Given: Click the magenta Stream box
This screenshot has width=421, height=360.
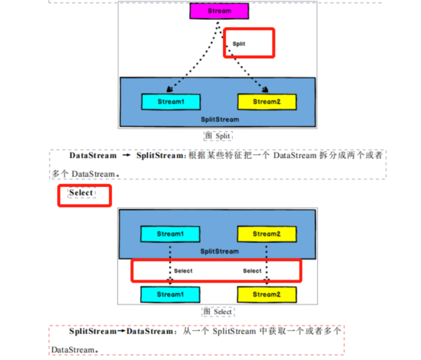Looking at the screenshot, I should click(x=219, y=11).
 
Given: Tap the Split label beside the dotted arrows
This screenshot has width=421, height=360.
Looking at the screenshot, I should click(x=239, y=44).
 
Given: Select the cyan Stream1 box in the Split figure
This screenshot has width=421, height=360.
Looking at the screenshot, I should click(x=170, y=102).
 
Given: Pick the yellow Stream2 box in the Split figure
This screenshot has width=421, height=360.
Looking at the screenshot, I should click(x=267, y=102).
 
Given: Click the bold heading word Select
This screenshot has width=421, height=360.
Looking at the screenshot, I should click(x=81, y=193).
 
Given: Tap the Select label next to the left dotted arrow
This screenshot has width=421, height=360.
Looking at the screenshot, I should click(x=183, y=271).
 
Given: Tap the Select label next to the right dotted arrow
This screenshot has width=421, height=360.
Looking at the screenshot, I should click(x=252, y=271).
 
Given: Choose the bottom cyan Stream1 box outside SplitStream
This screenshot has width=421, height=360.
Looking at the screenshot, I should click(x=170, y=294).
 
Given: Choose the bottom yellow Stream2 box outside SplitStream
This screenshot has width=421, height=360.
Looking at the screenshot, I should click(x=267, y=294).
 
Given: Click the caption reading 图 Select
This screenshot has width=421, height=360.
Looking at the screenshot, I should click(x=218, y=312).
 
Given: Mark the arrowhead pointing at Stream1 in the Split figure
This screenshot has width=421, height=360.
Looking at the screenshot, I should click(x=169, y=90).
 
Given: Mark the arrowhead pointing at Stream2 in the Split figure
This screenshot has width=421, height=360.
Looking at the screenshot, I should click(x=265, y=90).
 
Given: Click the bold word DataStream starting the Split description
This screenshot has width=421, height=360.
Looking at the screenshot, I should click(x=93, y=156).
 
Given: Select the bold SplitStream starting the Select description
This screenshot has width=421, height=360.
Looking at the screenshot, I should click(x=92, y=331).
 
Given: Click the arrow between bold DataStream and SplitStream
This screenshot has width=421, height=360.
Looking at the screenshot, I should click(x=126, y=156).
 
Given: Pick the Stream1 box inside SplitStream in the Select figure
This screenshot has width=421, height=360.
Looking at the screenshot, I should click(x=170, y=234).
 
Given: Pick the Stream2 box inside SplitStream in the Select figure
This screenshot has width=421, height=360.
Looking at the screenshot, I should click(x=267, y=234).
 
